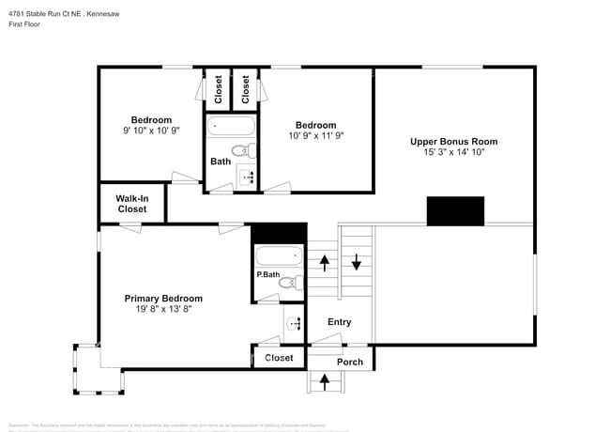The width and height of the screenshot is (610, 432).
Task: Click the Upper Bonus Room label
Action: [453, 142]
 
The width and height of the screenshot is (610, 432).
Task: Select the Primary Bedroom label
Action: [163, 299]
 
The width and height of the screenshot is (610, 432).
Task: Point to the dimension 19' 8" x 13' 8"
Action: [163, 310]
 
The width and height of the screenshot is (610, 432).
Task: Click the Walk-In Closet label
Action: [131, 204]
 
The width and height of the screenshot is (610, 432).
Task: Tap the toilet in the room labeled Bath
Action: [241, 150]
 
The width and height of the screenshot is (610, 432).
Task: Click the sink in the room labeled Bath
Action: [248, 176]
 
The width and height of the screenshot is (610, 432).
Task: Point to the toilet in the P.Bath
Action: [288, 281]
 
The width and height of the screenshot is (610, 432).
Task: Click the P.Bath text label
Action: [267, 274]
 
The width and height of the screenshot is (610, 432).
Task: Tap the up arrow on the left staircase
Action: [324, 262]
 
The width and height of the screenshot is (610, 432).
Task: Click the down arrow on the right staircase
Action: [357, 262]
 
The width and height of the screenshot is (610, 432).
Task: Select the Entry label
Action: [339, 322]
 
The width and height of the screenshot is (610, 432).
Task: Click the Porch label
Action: [349, 362]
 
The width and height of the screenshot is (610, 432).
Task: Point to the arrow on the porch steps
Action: [326, 381]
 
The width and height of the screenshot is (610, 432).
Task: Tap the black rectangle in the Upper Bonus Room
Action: [455, 211]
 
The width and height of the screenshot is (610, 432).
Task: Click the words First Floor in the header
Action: [26, 25]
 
